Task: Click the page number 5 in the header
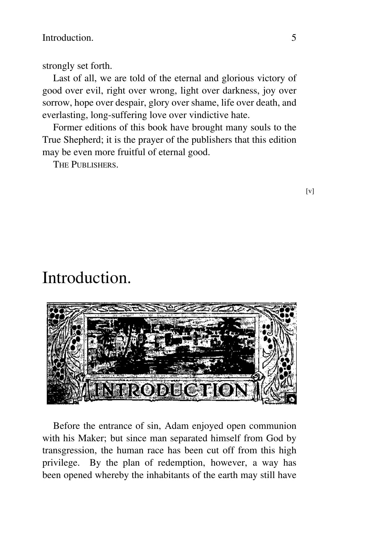tap(294, 38)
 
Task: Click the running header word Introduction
tap(68, 38)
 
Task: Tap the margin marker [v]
tap(310, 191)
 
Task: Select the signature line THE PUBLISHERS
tap(85, 165)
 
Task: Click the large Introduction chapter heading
tap(87, 278)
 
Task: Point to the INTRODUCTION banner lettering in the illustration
tap(171, 390)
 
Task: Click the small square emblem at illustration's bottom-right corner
tap(291, 399)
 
